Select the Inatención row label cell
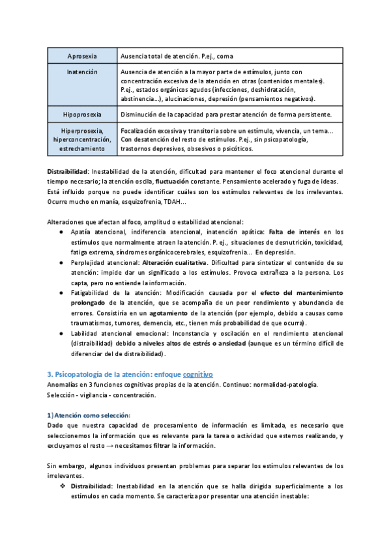tap(82, 72)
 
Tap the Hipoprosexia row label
tap(82, 115)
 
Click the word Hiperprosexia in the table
tap(82, 131)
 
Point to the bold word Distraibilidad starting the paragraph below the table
tap(68, 171)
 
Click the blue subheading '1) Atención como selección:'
tap(89, 415)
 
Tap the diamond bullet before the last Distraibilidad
tap(63, 486)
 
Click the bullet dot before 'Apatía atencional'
tap(61, 232)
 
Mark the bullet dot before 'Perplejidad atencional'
tap(61, 263)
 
